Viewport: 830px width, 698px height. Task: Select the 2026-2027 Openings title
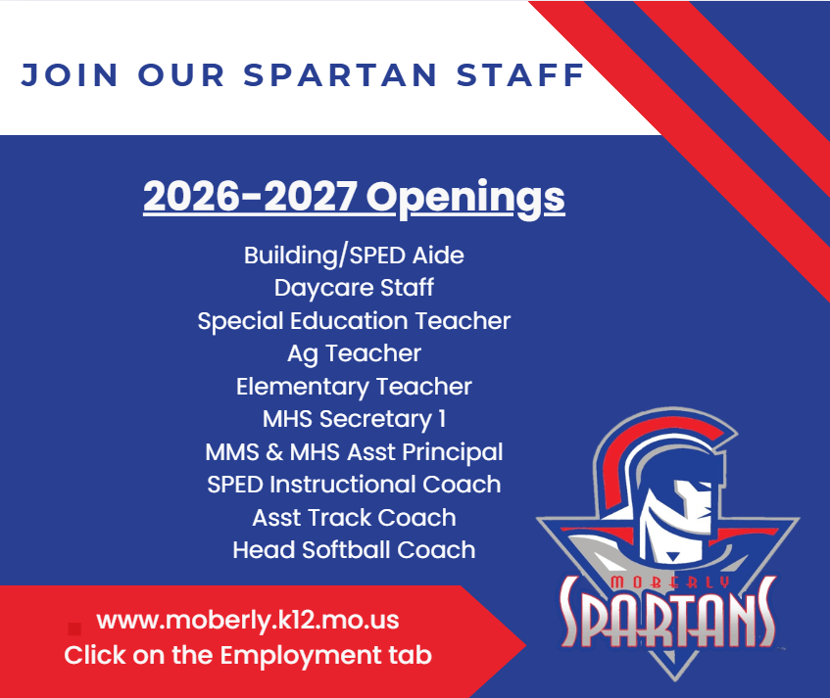click(354, 197)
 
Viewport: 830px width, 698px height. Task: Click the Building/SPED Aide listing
click(354, 256)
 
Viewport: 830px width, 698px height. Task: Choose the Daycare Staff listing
click(354, 288)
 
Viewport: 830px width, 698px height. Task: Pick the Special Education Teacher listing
click(354, 321)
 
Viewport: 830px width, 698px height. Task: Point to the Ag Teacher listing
click(354, 353)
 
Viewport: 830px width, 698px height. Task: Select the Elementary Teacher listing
click(354, 387)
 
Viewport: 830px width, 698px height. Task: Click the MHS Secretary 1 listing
click(354, 419)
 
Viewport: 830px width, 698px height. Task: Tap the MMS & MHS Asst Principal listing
click(354, 452)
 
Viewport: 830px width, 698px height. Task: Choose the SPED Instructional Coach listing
click(354, 485)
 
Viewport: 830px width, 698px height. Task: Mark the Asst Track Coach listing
click(354, 518)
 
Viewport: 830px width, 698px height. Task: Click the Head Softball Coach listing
click(354, 550)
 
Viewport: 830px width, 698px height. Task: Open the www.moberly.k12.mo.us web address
click(248, 621)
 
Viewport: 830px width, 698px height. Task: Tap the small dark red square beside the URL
click(74, 628)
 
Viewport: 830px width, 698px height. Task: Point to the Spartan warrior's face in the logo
click(676, 509)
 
